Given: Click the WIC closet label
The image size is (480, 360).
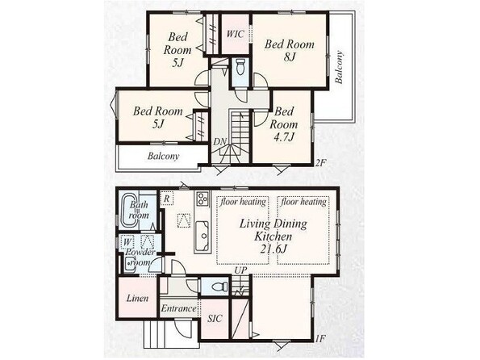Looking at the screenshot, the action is [235, 33].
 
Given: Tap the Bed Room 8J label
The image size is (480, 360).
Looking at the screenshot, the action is [290, 50].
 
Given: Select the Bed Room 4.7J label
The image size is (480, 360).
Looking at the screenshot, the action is [284, 123].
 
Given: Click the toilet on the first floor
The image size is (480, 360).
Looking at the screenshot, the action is [220, 287].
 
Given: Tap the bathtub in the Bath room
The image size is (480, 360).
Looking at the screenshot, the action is [130, 211].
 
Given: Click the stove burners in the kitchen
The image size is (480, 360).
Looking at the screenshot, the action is [202, 199].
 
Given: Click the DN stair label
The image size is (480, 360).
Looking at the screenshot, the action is [219, 142].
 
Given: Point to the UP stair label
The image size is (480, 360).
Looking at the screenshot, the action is [241, 270].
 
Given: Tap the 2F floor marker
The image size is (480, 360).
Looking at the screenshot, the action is [319, 163].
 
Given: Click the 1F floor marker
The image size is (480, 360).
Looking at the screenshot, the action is [320, 338].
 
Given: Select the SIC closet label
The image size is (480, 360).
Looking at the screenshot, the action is [215, 319].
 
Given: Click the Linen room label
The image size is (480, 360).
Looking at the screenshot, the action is [137, 298].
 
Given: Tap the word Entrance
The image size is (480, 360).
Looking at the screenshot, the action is [178, 308].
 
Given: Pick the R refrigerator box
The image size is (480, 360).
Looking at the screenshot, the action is [166, 199].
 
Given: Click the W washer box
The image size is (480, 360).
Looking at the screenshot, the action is [127, 242].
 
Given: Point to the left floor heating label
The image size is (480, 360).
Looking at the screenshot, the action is [243, 202].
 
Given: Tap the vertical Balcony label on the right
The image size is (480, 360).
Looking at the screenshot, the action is [339, 68].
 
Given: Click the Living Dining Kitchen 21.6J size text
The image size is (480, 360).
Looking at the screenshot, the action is [273, 249].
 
